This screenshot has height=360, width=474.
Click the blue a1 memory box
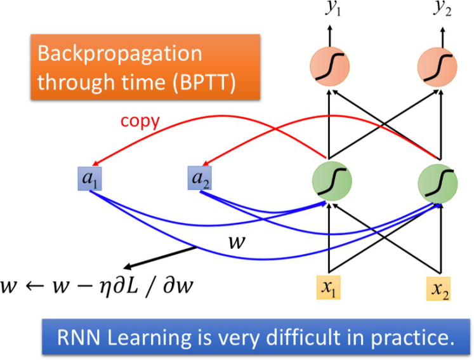(x=89, y=179)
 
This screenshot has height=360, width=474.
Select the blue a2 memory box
(x=199, y=178)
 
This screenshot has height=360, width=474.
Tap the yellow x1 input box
(x=329, y=288)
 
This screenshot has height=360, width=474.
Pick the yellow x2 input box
(x=438, y=289)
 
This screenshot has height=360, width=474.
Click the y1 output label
(x=333, y=8)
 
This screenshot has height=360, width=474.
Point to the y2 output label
(x=443, y=8)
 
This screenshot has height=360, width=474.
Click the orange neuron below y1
(x=330, y=67)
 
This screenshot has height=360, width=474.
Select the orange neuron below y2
(x=437, y=67)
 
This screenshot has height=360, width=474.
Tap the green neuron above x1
(x=332, y=181)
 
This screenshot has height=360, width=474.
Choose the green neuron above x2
(x=438, y=183)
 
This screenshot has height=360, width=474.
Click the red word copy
(x=140, y=122)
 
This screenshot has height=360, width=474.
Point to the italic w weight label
(x=237, y=243)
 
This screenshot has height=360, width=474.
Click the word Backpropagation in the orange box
(x=120, y=54)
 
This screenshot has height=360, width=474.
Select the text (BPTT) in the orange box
(x=204, y=82)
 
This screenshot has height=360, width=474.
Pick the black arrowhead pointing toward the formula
(x=128, y=266)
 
